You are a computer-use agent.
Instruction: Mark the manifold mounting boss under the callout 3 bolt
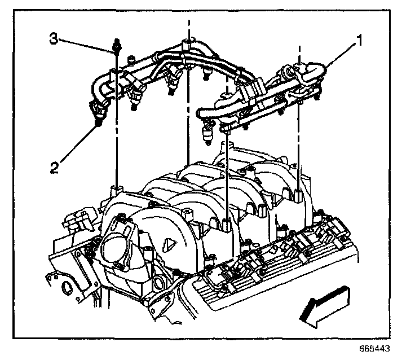(x=117, y=188)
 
